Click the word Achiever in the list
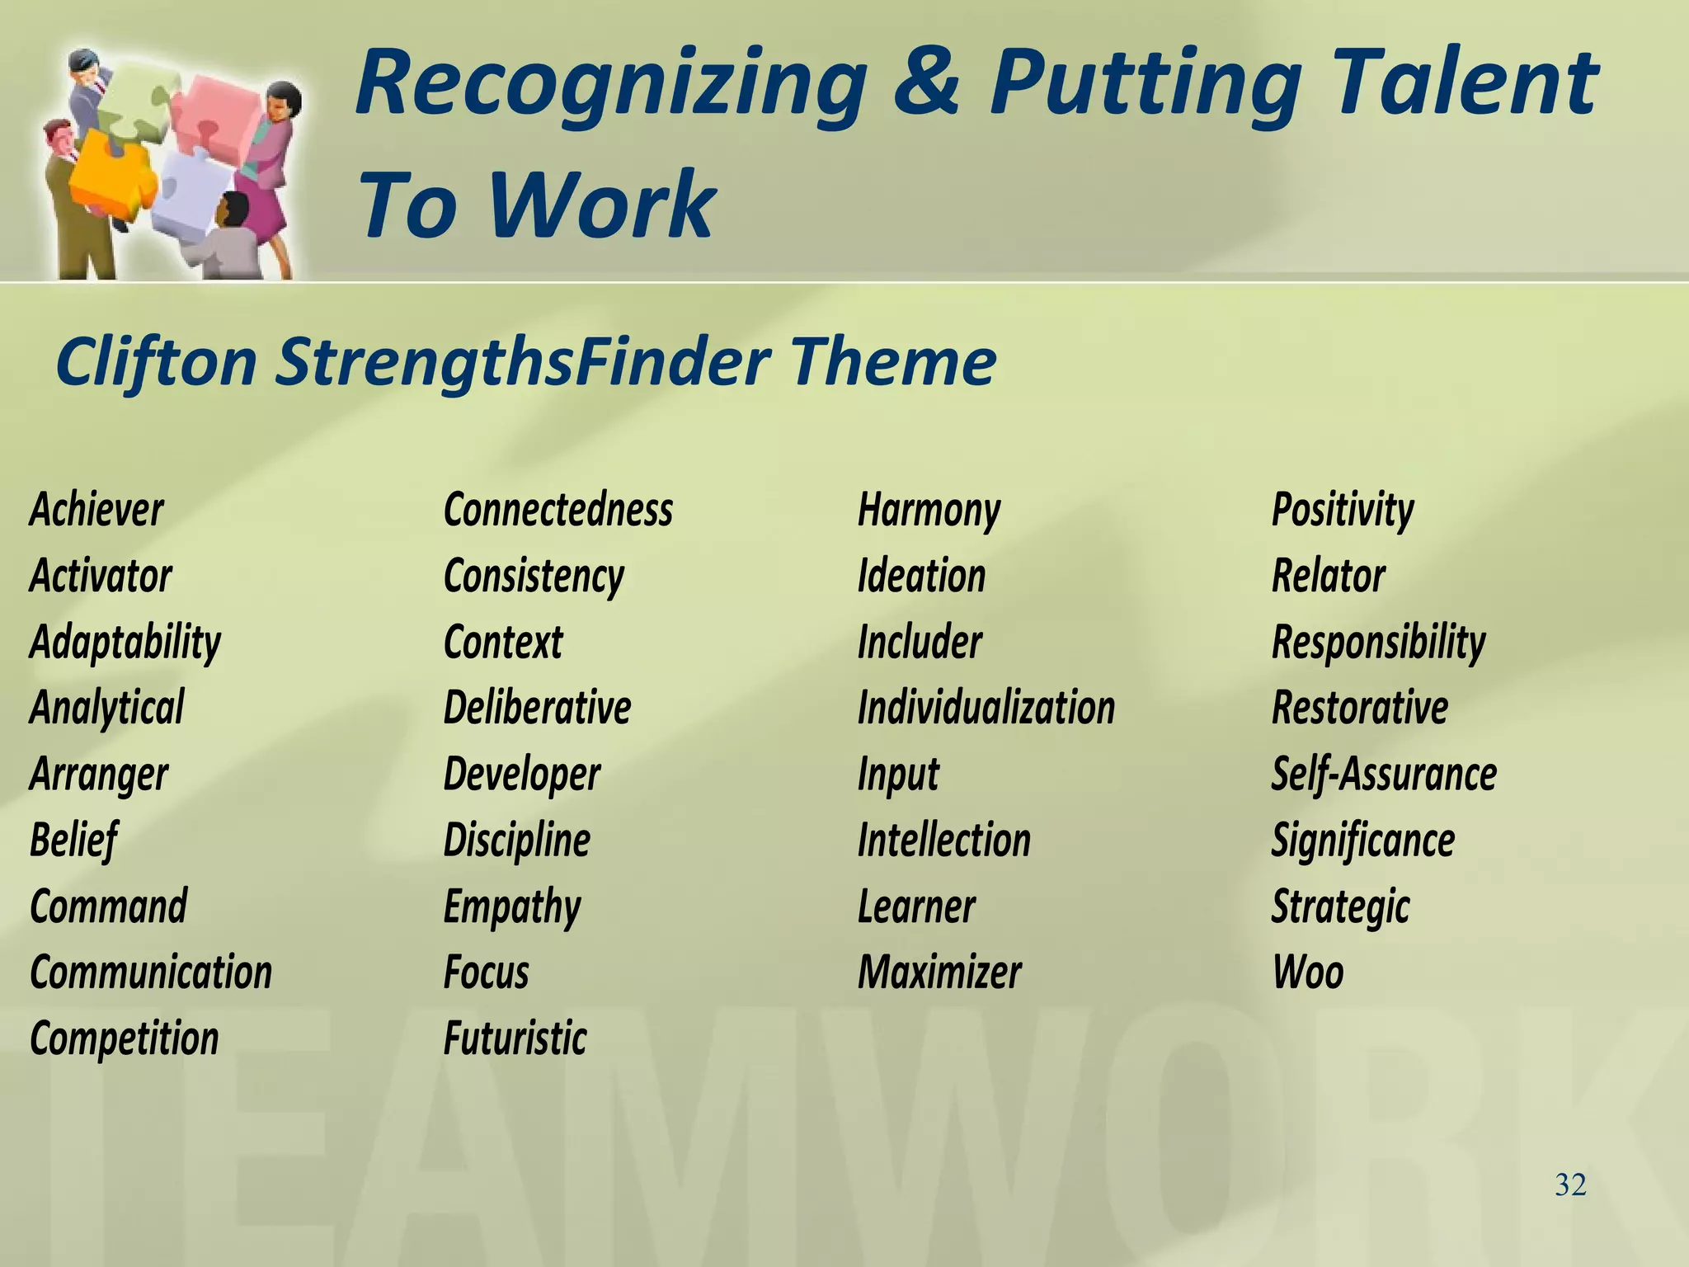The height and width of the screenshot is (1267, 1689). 96,510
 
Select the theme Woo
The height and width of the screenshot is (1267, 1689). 1307,972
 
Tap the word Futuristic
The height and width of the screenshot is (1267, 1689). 515,1038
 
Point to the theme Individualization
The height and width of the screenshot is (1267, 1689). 986,708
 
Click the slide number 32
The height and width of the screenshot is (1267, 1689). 1570,1185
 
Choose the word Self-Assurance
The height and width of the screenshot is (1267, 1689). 1383,774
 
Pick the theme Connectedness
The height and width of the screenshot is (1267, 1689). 558,510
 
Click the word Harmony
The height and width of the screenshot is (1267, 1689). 929,510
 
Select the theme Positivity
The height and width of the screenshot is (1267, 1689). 1342,510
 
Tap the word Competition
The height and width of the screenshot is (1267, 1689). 125,1038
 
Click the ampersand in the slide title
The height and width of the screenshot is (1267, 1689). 927,82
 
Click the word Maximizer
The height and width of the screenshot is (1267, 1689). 939,972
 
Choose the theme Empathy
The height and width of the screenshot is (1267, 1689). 511,907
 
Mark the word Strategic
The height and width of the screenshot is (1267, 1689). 1340,907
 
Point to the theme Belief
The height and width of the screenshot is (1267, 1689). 73,841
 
